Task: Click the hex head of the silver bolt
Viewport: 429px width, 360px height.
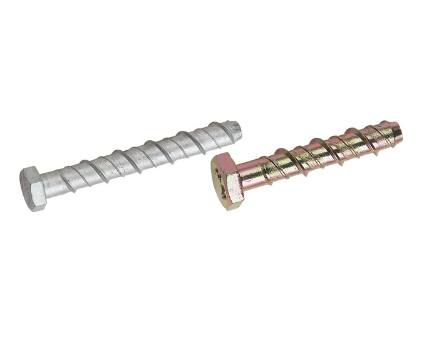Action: point(35,188)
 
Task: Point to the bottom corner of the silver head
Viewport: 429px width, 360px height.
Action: point(37,208)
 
